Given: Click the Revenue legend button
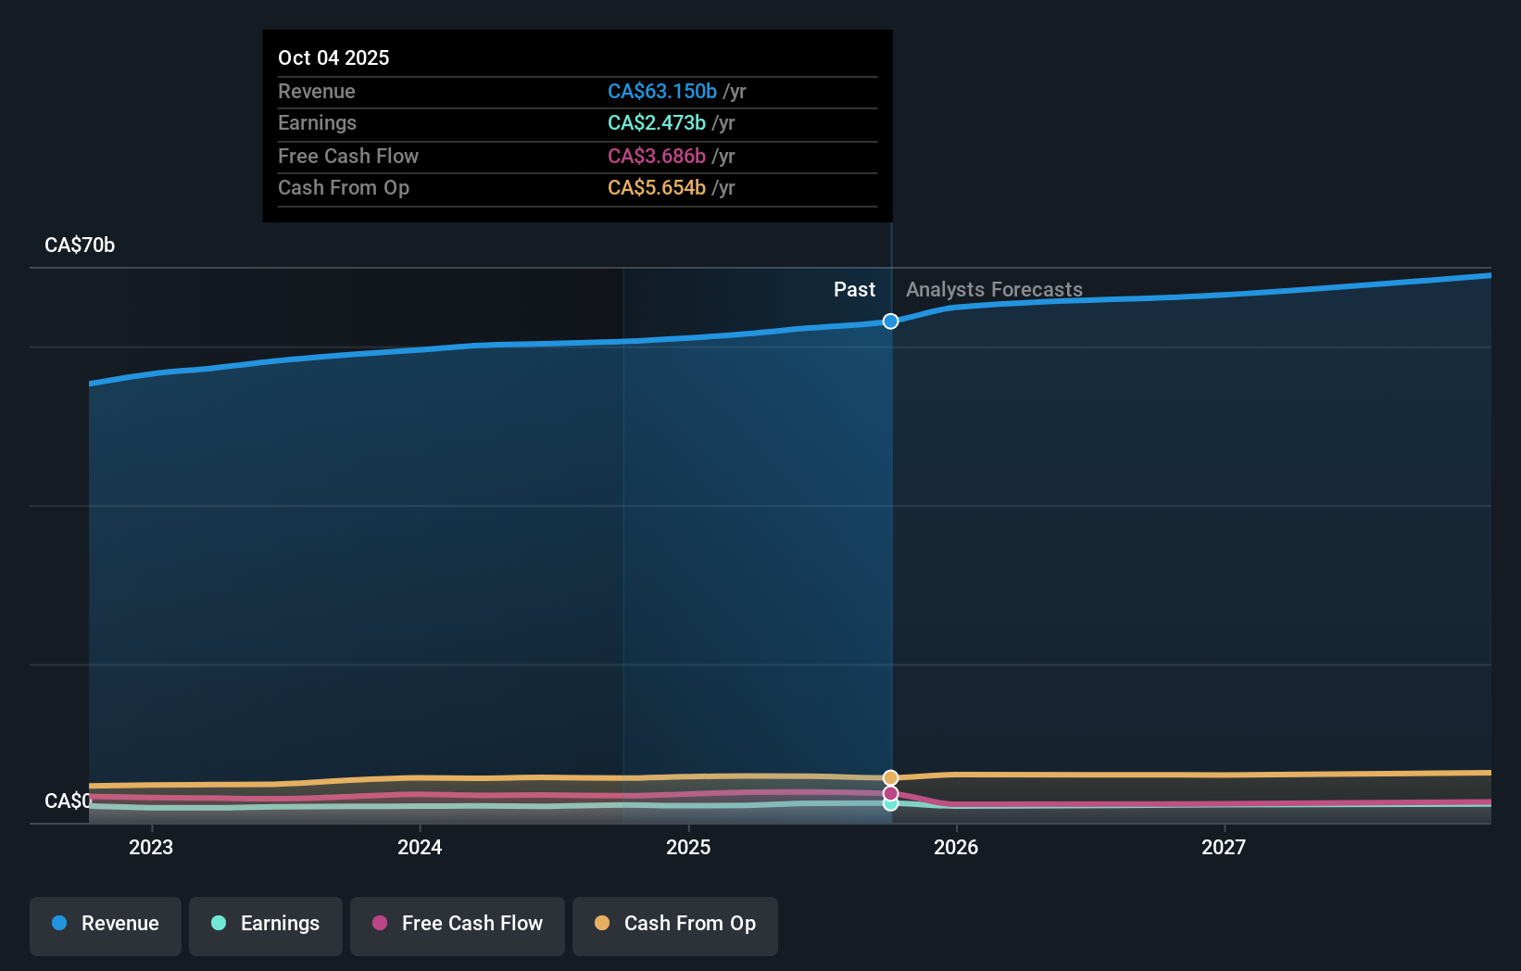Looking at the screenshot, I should (x=106, y=924).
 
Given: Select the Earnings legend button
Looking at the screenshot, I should (x=266, y=924).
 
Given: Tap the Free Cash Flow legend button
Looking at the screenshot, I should (x=458, y=924).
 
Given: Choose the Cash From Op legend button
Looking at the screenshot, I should (x=675, y=924).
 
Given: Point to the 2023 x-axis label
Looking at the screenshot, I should (x=151, y=847).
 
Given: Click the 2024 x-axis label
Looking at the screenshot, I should (x=420, y=847).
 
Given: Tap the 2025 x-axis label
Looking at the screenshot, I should (x=688, y=847).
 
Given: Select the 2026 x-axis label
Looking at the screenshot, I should (x=956, y=847).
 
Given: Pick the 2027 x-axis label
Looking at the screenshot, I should (x=1224, y=847).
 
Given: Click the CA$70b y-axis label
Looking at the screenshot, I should (x=80, y=245).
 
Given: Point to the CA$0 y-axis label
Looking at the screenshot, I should (x=68, y=801).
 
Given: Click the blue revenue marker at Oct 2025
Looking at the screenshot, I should (x=890, y=322).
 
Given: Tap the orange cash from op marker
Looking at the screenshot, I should (x=890, y=777).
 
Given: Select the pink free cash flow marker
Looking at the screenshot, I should (x=890, y=793).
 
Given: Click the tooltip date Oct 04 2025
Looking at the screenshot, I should (x=333, y=57).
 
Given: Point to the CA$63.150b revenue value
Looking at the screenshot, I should (x=662, y=91).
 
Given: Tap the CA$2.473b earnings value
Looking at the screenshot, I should (x=657, y=122).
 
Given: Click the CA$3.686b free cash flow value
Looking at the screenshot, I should (x=657, y=156).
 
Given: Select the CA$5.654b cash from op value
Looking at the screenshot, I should (x=657, y=187).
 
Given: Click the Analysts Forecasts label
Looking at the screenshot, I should (x=994, y=289).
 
